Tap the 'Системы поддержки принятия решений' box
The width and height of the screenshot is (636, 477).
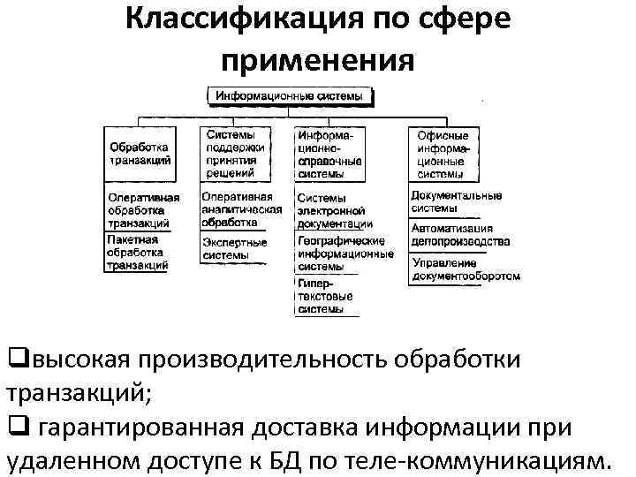click(231, 154)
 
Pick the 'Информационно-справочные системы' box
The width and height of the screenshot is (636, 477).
click(329, 154)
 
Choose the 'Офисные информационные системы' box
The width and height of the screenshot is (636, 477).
click(443, 155)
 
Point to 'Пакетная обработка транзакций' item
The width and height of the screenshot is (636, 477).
click(137, 252)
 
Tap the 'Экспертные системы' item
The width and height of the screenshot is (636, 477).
click(234, 248)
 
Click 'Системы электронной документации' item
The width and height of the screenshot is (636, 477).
click(334, 211)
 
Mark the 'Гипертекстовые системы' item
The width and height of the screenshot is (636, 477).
click(325, 296)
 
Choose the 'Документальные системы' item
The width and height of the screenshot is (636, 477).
click(456, 201)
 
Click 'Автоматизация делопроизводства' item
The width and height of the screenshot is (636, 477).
click(460, 234)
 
